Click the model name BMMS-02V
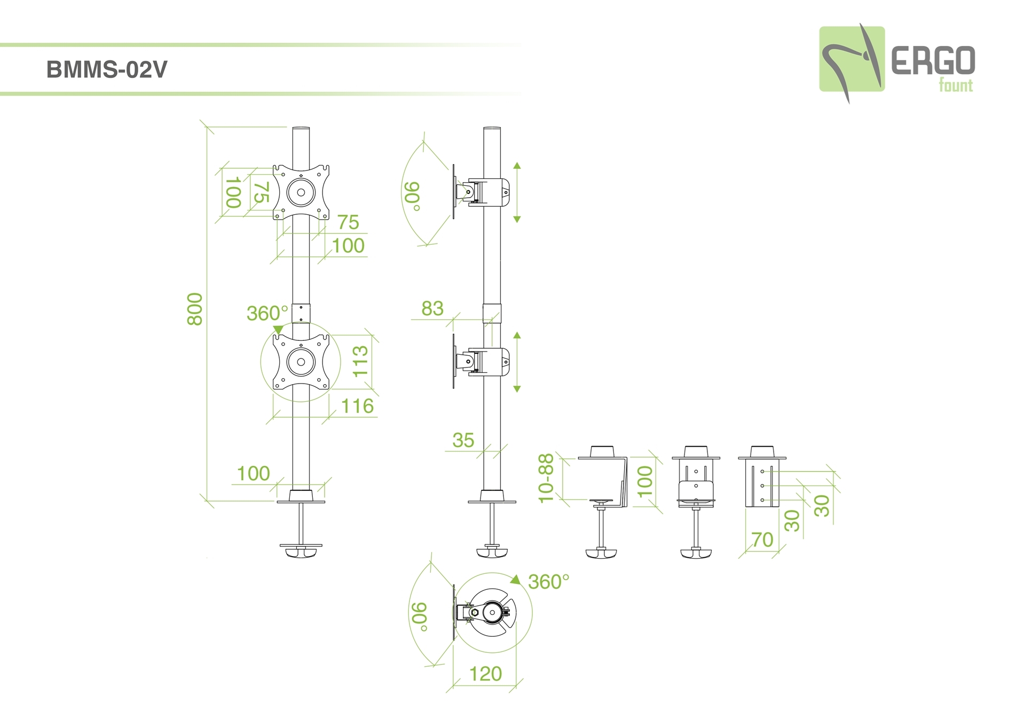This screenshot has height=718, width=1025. pos(107,69)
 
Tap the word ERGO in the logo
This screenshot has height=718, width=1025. pos(933,61)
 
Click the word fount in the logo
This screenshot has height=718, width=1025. pos(956,85)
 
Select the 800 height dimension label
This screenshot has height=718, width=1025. pos(195,309)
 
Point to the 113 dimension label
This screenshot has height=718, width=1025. pos(361,361)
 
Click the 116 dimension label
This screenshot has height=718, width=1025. pos(357,406)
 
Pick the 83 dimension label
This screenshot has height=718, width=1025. pos(432,308)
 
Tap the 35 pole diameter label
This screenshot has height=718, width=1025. pos(463,440)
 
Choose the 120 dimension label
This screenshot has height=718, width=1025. pos(485,674)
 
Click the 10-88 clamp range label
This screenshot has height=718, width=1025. pos(546,478)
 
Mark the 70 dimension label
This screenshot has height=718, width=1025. pos(762,540)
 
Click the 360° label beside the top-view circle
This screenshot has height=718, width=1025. pos(549,582)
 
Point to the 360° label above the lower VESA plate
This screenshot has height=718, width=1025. pos(267,313)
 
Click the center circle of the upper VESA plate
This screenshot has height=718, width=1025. pos(301,192)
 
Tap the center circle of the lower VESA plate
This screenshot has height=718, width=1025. pos(301,362)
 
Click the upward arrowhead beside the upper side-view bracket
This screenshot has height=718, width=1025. pos(517,166)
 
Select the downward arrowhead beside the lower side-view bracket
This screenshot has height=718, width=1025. pos(517,389)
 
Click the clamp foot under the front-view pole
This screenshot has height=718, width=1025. pos(301,552)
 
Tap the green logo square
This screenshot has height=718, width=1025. pos(851,59)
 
